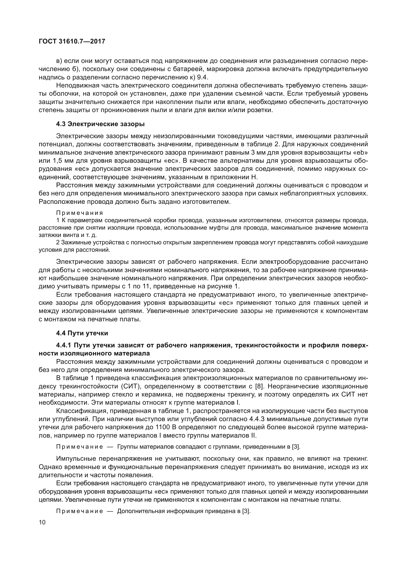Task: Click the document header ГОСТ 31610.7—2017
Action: [72, 42]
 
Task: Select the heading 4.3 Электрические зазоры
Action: [100, 124]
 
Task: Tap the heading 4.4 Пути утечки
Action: [82, 333]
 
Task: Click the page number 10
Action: [42, 522]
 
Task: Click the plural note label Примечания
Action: [79, 213]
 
